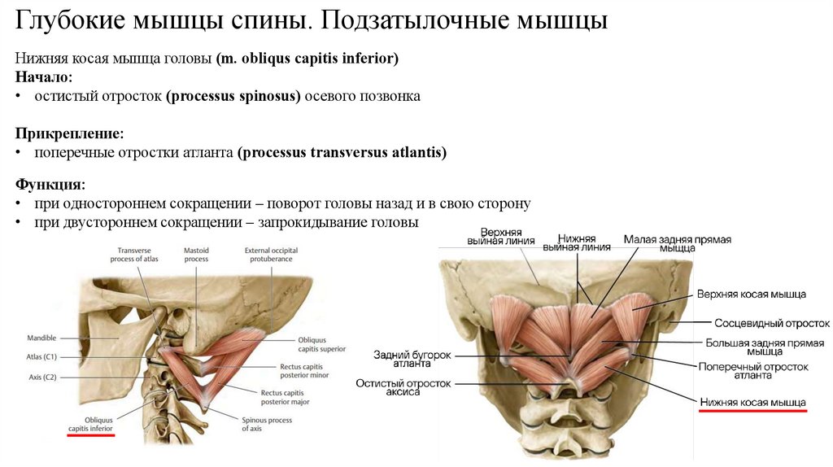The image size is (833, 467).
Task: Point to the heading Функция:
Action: tap(50, 185)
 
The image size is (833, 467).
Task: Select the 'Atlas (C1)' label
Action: tap(42, 356)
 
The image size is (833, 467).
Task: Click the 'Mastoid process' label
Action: tap(197, 254)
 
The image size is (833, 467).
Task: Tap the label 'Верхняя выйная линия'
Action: tap(500, 236)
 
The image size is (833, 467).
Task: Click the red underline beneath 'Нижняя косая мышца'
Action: tap(752, 412)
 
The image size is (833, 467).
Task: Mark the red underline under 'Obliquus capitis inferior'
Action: tap(91, 436)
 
